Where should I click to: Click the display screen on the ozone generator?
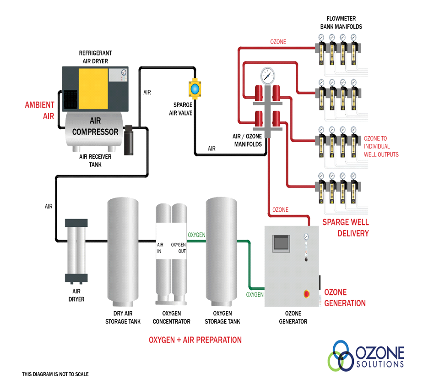(x=281, y=244)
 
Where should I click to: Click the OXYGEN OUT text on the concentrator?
(x=179, y=248)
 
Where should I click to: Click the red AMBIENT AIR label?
(x=40, y=110)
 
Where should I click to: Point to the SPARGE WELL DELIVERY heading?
(x=346, y=228)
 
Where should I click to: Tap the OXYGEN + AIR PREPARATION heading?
(x=195, y=340)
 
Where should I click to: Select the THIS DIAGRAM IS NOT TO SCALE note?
(x=55, y=374)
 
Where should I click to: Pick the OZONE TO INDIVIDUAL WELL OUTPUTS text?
(x=381, y=146)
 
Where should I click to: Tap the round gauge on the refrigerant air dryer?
(x=124, y=72)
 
